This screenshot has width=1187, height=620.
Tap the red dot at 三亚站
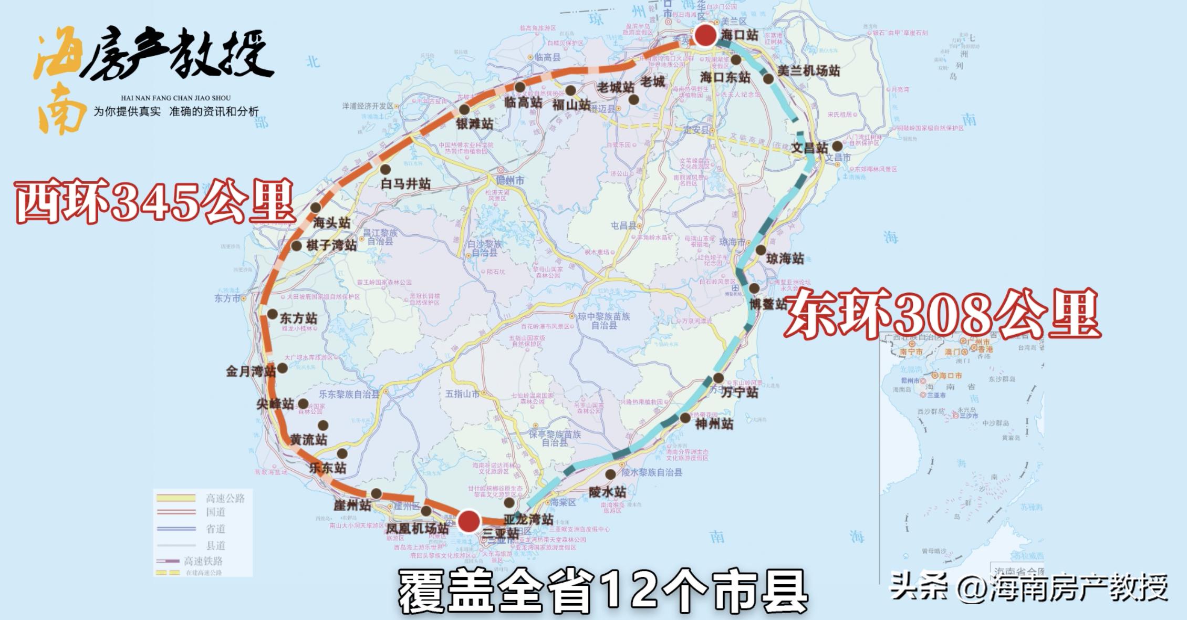(468, 522)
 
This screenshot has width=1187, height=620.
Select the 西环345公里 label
(154, 202)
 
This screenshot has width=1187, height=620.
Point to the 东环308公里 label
(942, 315)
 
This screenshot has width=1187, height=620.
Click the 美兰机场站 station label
(808, 71)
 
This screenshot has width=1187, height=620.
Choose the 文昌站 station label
(809, 148)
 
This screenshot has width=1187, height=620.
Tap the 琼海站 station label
(785, 259)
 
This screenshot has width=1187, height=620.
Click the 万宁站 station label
(739, 392)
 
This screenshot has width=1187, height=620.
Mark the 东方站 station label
(298, 318)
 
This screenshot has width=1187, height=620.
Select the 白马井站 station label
(405, 184)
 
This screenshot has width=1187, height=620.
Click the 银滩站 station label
(474, 124)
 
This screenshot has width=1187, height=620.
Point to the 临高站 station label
(523, 102)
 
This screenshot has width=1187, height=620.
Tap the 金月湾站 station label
(251, 371)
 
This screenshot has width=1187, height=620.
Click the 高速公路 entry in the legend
(225, 498)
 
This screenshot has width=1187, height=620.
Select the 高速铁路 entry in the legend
(203, 561)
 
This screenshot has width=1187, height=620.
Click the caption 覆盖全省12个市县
(603, 592)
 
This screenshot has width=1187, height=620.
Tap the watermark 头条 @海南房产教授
(1028, 586)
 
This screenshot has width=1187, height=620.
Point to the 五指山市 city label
(462, 394)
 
